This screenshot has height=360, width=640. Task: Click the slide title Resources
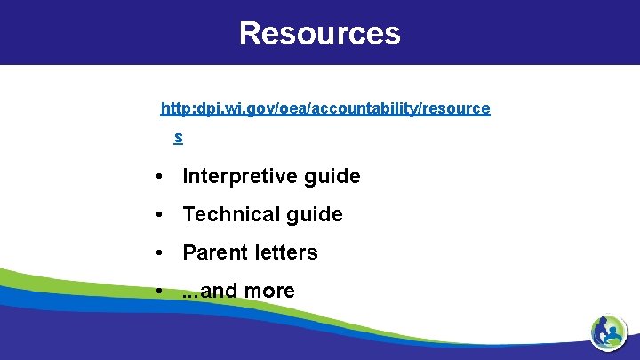[x=319, y=33]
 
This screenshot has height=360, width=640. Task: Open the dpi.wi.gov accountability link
[x=324, y=108]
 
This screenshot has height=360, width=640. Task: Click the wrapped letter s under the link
[x=179, y=137]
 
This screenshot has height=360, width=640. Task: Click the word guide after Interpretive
[x=332, y=176]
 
